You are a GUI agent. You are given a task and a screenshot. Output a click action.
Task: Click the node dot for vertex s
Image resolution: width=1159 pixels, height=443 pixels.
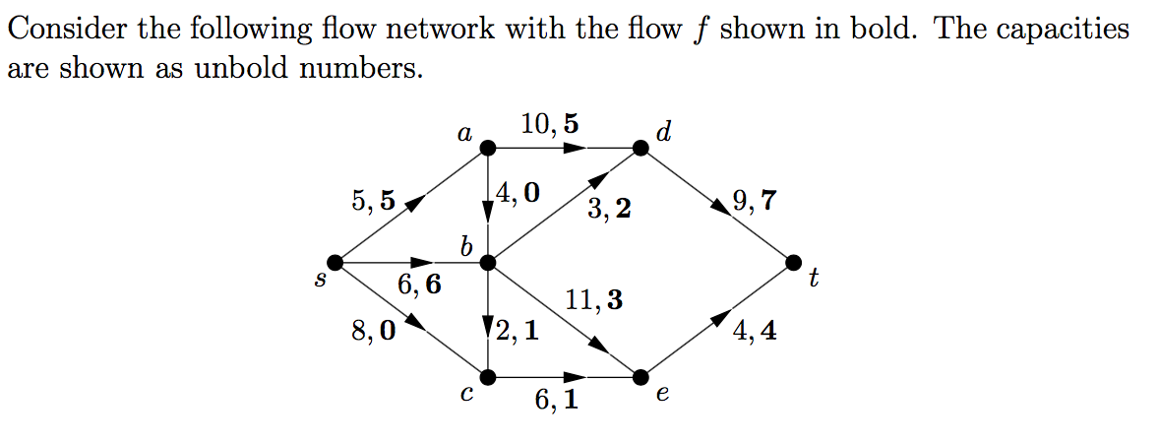coord(335,263)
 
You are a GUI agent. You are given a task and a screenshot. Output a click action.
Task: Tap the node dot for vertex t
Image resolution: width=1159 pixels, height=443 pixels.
coord(795,263)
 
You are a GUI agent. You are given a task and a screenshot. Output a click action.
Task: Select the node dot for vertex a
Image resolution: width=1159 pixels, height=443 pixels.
coord(488,149)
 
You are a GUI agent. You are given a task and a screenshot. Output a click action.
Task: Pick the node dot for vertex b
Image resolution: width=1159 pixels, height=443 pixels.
coord(488,263)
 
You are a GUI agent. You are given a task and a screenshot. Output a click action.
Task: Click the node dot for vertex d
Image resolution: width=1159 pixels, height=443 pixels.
coord(640,149)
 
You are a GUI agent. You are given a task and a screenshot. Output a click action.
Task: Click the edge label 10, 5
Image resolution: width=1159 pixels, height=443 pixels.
coord(550,124)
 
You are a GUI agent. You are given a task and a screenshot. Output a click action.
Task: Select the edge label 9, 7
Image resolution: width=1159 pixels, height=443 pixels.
coord(755,203)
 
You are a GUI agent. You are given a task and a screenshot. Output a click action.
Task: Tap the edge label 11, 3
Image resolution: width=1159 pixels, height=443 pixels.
coord(594,300)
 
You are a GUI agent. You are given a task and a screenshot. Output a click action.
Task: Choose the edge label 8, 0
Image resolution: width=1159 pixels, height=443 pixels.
coord(373,331)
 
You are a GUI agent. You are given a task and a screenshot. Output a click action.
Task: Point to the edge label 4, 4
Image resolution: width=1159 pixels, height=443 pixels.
coord(755,331)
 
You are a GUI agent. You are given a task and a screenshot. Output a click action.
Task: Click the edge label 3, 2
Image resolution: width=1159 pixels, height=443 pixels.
coord(609,209)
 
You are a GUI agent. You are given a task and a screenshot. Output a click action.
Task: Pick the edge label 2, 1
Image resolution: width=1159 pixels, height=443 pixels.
coord(518,331)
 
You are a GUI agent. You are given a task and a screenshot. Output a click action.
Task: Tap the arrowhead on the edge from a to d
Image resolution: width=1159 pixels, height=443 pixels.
coord(574,149)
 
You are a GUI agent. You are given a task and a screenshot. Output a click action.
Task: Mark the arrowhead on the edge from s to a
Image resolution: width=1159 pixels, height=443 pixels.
coord(415,203)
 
